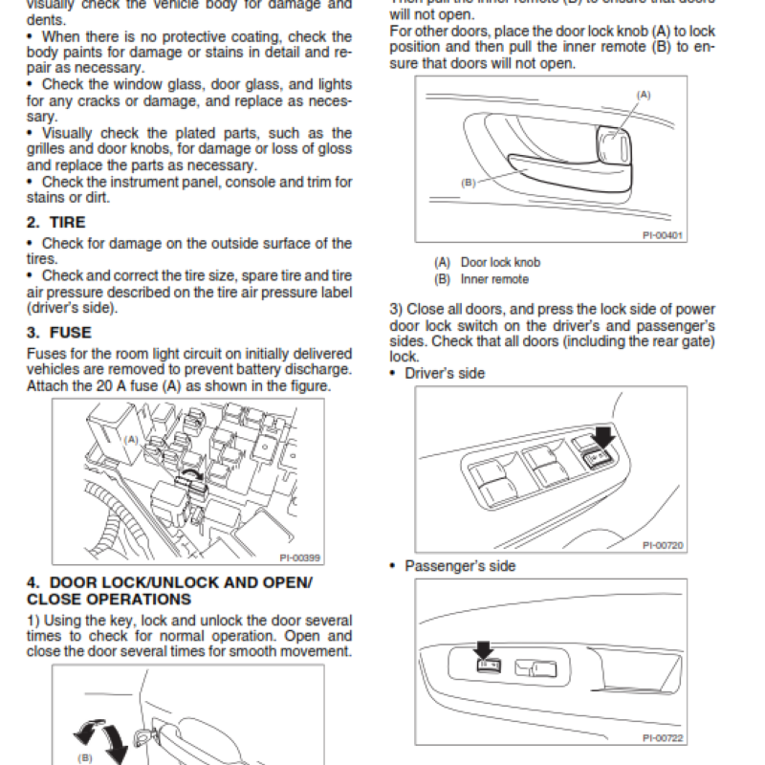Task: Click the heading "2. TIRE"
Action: pyautogui.click(x=56, y=222)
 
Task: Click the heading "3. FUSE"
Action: pyautogui.click(x=59, y=333)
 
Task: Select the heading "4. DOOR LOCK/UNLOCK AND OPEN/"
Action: pyautogui.click(x=168, y=581)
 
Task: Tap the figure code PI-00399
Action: pyautogui.click(x=298, y=557)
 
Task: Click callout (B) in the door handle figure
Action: pyautogui.click(x=469, y=183)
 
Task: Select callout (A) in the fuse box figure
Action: pyautogui.click(x=131, y=439)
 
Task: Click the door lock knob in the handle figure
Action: pyautogui.click(x=615, y=144)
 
